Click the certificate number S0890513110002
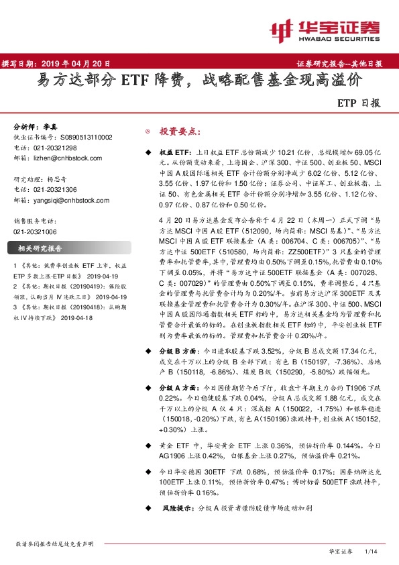pyautogui.click(x=86, y=137)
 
